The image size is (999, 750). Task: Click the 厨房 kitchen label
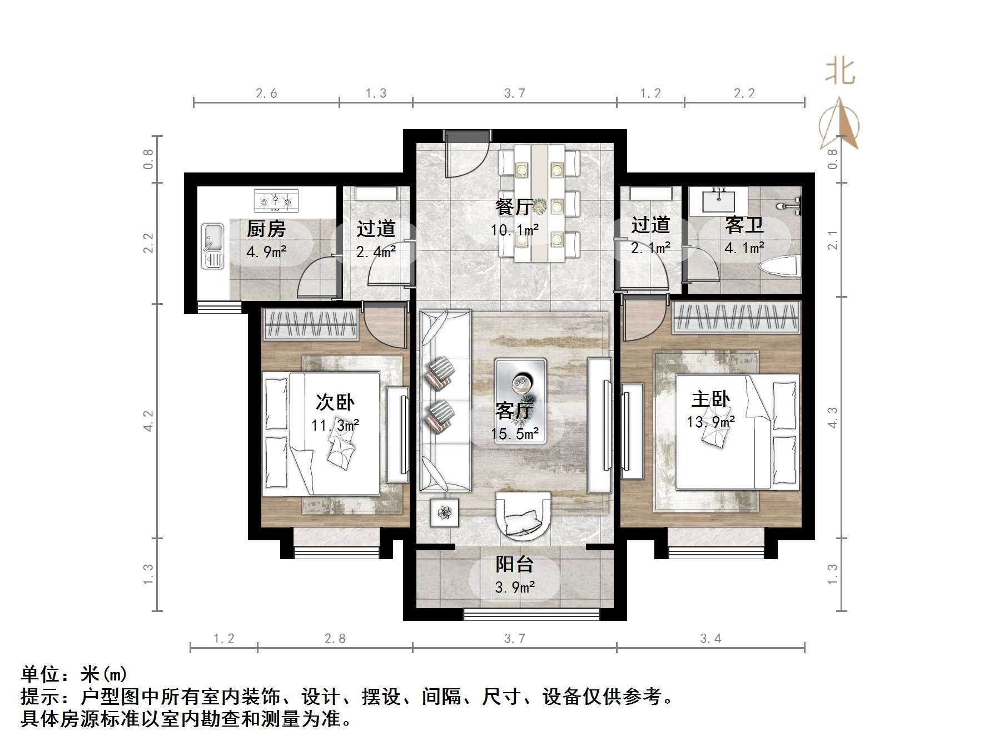click(266, 229)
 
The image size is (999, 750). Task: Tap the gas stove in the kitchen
click(276, 201)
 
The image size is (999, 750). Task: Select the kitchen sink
click(212, 246)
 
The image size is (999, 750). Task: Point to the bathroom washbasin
click(718, 200)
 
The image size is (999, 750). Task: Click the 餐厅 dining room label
click(514, 207)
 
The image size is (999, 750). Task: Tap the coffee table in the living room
click(520, 401)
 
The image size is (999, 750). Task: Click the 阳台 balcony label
click(514, 564)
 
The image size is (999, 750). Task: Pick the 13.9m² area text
click(710, 422)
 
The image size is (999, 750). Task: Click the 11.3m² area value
click(335, 426)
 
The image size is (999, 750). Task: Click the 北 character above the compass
click(839, 72)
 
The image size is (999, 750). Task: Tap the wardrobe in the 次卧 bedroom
click(310, 324)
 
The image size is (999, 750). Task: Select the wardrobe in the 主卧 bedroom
click(737, 318)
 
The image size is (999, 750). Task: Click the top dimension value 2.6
click(266, 93)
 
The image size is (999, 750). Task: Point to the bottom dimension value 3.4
click(710, 638)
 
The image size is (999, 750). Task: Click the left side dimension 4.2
click(148, 421)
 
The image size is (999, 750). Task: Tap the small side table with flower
click(444, 512)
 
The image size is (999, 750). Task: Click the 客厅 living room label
click(514, 411)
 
